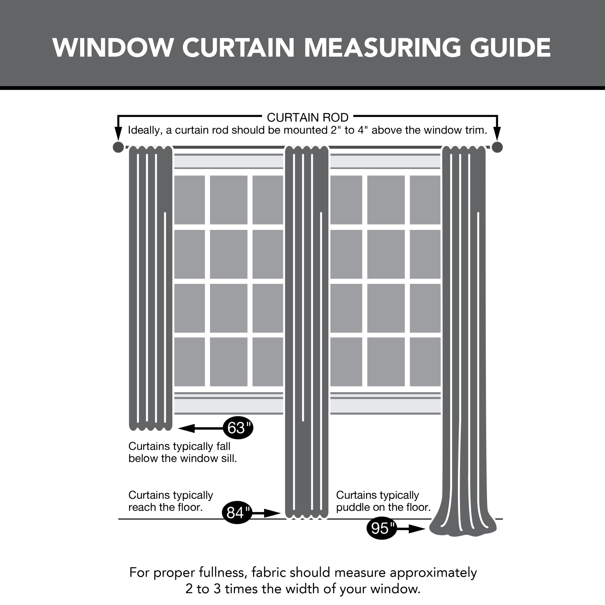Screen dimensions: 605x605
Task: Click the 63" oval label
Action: click(x=238, y=428)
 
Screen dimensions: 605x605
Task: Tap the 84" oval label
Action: click(x=237, y=513)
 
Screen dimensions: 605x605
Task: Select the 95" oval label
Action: click(x=381, y=528)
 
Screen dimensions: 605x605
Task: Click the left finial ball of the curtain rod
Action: click(x=118, y=147)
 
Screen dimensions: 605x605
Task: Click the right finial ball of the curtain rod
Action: click(x=497, y=147)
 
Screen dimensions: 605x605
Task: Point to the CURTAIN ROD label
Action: click(x=307, y=118)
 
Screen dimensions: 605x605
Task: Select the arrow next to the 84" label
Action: click(x=266, y=513)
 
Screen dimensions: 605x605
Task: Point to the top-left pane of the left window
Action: click(x=189, y=199)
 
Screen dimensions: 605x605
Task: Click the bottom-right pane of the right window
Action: click(x=425, y=362)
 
